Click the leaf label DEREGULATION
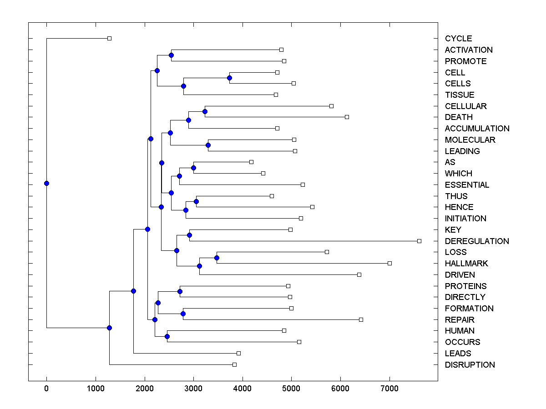pos(477,241)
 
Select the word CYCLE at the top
pos(458,39)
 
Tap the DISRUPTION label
pos(470,364)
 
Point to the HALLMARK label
pos(466,263)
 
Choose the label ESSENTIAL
pos(467,185)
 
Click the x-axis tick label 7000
pos(389,389)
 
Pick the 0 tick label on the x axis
pos(46,389)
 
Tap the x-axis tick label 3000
pos(193,389)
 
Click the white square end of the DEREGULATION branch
pos(419,241)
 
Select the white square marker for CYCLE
pos(109,38)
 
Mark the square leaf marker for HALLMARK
pos(389,263)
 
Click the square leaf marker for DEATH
pos(347,117)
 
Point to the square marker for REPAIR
pos(361,319)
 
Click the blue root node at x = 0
pos(46,183)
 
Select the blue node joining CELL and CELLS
pos(229,78)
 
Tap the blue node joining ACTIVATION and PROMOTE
pos(171,55)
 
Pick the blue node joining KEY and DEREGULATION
pos(189,235)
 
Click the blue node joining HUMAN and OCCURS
pos(167,336)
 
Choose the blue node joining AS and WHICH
pos(193,168)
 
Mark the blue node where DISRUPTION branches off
pos(109,328)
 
